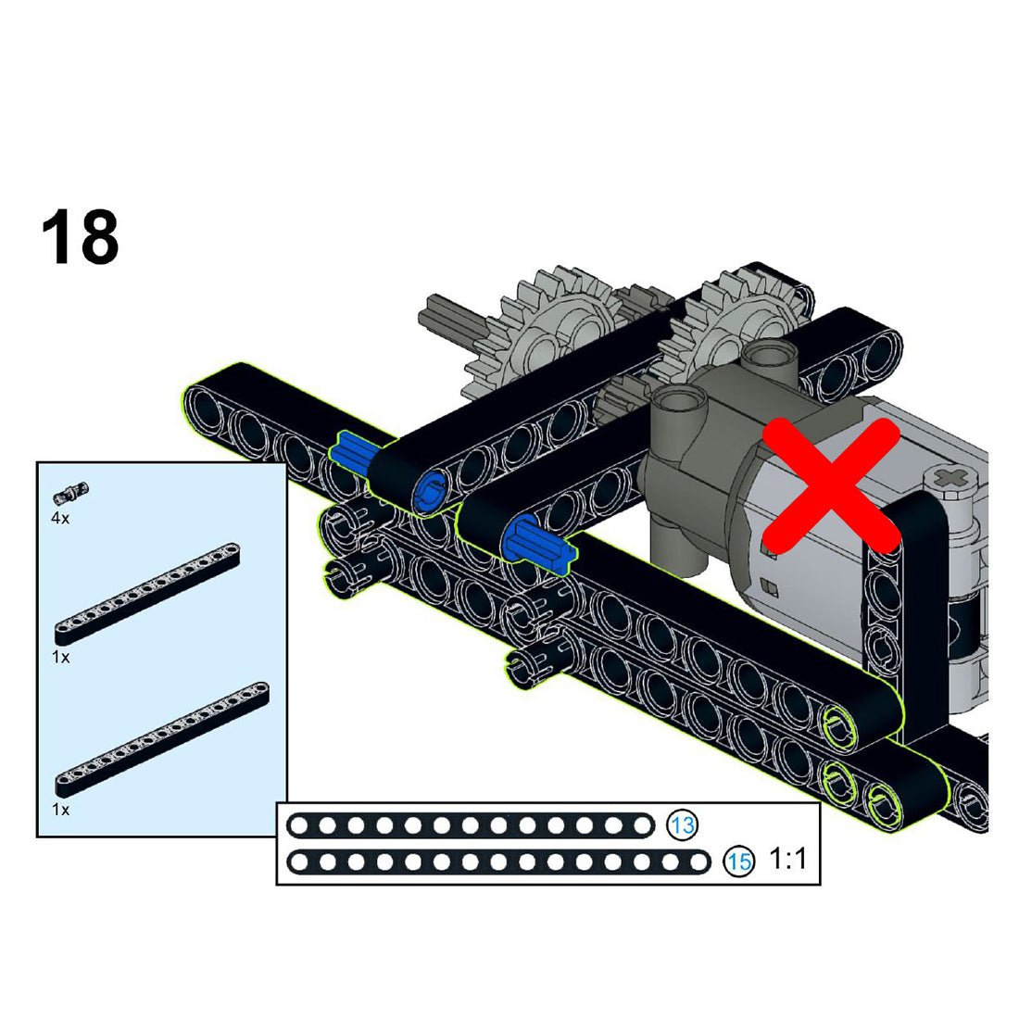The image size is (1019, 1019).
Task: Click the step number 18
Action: (80, 237)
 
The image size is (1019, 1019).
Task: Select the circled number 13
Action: (683, 825)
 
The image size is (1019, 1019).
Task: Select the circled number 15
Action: (739, 862)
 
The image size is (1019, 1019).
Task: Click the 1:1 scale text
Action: (787, 859)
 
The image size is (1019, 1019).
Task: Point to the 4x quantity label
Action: (60, 518)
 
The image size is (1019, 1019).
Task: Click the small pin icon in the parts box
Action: (71, 493)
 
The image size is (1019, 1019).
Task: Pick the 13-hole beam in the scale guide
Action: (471, 825)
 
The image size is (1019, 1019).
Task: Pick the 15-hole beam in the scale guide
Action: (499, 862)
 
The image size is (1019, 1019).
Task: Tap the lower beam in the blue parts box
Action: (162, 739)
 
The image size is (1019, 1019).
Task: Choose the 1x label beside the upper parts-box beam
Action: (60, 657)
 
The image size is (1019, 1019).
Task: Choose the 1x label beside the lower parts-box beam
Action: (60, 809)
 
